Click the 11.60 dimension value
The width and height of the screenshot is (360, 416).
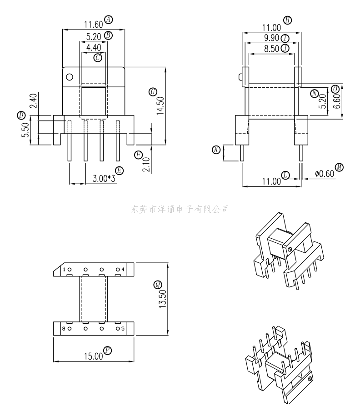(x=93, y=25)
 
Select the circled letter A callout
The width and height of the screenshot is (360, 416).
(x=108, y=19)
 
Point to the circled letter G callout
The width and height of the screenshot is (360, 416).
(x=152, y=92)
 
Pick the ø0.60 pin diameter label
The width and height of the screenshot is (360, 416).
(x=324, y=174)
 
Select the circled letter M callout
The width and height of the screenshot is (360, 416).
(x=339, y=168)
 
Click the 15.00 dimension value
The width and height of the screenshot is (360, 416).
(x=93, y=356)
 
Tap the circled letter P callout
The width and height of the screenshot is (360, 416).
(x=108, y=350)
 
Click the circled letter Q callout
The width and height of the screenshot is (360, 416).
(x=157, y=285)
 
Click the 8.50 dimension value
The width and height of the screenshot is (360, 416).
(x=271, y=49)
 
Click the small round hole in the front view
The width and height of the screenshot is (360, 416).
(x=69, y=76)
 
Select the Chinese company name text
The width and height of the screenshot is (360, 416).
(x=180, y=210)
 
